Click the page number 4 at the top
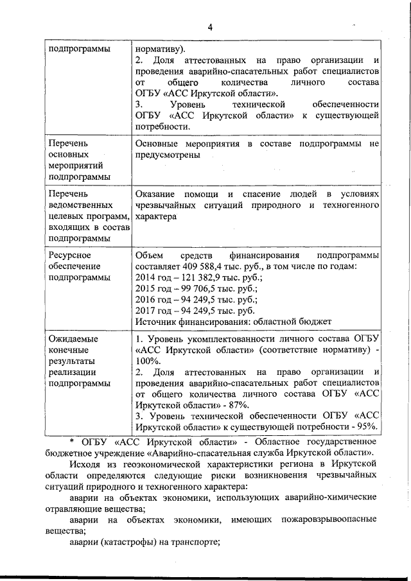pos(210,26)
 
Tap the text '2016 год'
pos(153,299)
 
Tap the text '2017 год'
pos(153,310)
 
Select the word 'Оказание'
pos(156,193)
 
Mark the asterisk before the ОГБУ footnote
pos(73,443)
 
